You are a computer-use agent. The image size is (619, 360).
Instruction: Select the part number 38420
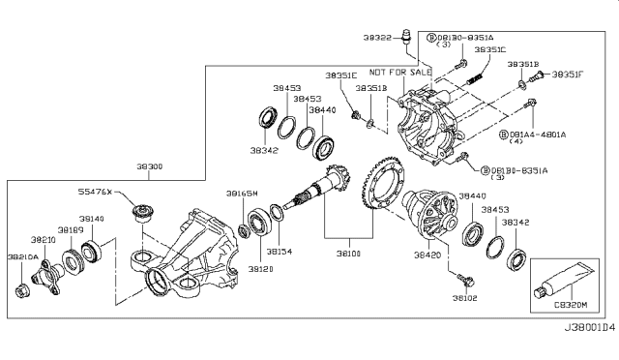click(427, 257)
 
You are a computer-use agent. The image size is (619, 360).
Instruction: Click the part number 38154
click(280, 252)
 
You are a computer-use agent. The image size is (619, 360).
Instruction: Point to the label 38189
click(67, 230)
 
